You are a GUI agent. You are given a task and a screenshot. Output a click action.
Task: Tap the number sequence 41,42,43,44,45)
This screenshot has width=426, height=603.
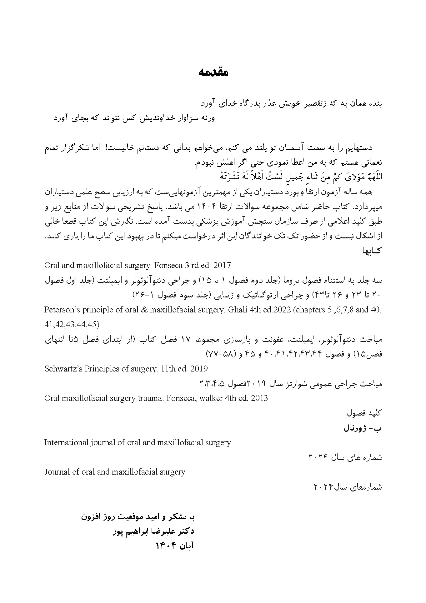(72, 324)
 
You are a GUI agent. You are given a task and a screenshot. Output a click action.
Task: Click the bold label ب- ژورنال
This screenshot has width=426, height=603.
(363, 428)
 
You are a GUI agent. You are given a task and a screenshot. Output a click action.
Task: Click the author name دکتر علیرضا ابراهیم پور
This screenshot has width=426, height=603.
(153, 531)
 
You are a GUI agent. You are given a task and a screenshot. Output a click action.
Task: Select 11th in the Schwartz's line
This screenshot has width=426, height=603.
(168, 369)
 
